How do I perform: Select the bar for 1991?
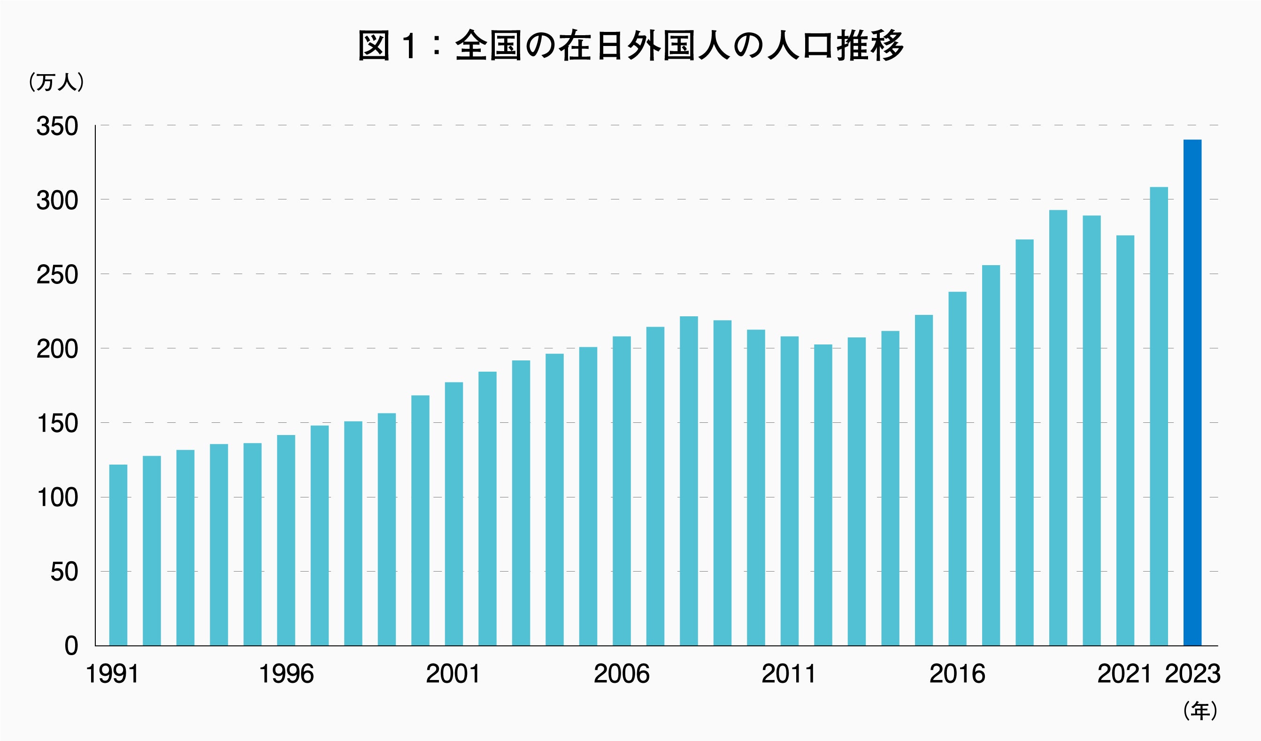point(118,555)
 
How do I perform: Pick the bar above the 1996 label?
point(286,540)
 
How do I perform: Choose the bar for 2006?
point(622,491)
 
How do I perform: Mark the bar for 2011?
point(789,491)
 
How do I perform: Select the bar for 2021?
point(1125,440)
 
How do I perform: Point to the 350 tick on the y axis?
point(57,126)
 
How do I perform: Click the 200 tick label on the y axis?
point(57,349)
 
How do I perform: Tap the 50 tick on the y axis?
point(64,572)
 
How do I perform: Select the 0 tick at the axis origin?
point(71,646)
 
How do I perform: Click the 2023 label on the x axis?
point(1192,674)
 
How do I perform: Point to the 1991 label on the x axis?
point(112,674)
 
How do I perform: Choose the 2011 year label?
point(789,674)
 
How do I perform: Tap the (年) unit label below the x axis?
point(1200,711)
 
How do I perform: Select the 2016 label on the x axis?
point(957,674)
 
